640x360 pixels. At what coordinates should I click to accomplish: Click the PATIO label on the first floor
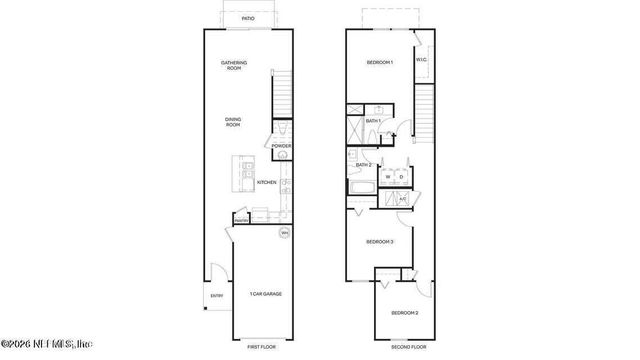[x=247, y=18]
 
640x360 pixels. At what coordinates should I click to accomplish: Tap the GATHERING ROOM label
[x=234, y=66]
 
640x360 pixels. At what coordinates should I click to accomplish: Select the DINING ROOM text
[x=232, y=122]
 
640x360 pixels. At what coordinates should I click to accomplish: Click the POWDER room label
[x=282, y=146]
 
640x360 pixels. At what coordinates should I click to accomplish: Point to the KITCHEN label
[x=266, y=182]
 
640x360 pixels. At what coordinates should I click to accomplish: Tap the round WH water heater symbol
[x=284, y=233]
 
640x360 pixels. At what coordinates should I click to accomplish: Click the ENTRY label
[x=216, y=296]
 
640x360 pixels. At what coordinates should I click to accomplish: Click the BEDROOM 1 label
[x=379, y=63]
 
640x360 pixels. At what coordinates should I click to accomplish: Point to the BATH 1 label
[x=373, y=121]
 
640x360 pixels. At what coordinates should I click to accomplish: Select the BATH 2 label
[x=363, y=165]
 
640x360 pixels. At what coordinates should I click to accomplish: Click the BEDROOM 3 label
[x=379, y=241]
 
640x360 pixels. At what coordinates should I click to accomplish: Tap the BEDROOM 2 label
[x=404, y=313]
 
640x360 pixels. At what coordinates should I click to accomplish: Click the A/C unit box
[x=403, y=199]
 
